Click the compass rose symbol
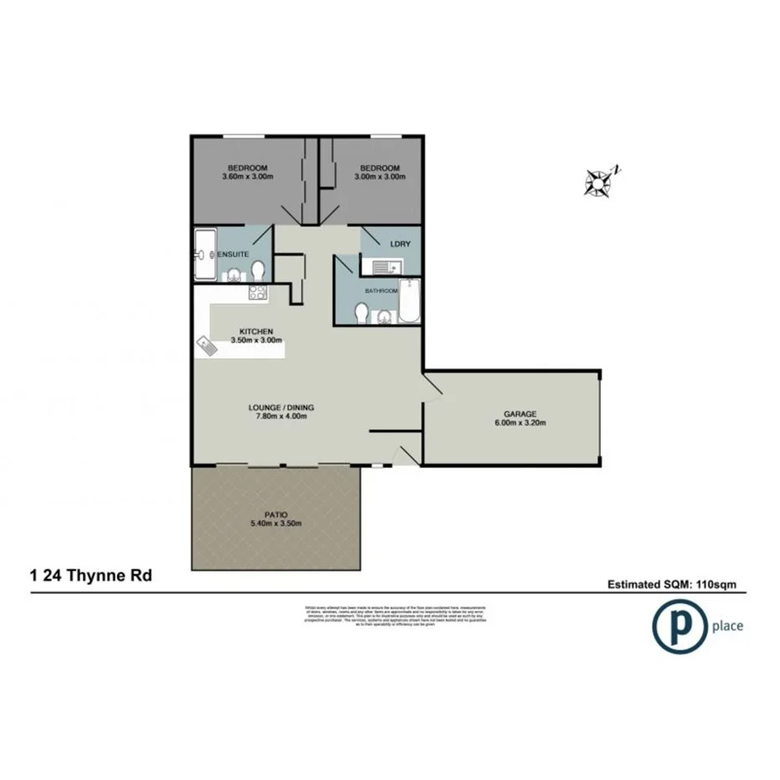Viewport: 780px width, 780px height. [600, 182]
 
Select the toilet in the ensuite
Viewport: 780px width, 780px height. [259, 270]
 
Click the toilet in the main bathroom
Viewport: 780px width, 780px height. [362, 313]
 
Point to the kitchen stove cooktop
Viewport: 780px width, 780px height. [257, 293]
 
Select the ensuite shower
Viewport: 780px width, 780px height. [203, 254]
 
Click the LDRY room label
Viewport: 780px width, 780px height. [399, 244]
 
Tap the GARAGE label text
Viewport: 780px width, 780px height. [520, 413]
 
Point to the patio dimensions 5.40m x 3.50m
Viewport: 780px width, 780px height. [275, 523]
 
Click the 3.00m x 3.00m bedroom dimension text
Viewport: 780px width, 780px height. [379, 177]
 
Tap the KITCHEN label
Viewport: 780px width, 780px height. [257, 331]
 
